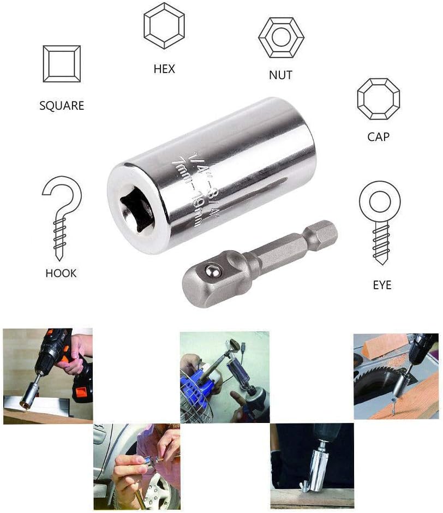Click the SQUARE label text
coord(62,106)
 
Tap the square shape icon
coord(62,64)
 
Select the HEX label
coord(164,69)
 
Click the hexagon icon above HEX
coord(164,26)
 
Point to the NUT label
coord(280,75)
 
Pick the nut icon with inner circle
coord(281,38)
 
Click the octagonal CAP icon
coord(379,99)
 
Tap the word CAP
coord(379,137)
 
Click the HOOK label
coord(61,273)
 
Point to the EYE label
coord(382,285)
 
